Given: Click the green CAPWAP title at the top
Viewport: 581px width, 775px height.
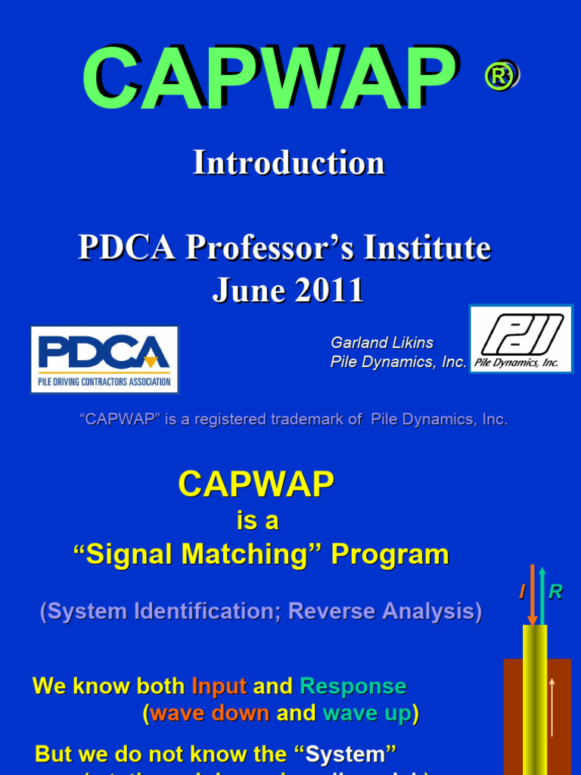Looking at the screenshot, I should pos(269,77).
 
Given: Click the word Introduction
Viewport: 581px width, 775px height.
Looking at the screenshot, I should pos(288,163).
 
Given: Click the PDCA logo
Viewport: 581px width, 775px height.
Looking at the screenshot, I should pos(104,359).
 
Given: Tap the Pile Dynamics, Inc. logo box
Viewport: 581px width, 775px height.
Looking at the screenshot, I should pos(520,338).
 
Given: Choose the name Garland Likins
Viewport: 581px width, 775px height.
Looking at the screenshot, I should pos(382,343).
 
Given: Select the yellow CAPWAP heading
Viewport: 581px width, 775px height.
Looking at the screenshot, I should pos(256,484).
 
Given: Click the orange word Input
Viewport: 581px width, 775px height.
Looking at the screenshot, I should pos(219,686).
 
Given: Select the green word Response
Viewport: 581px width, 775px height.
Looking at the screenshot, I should pos(353,686).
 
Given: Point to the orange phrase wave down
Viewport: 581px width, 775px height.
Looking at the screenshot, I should pos(210,713).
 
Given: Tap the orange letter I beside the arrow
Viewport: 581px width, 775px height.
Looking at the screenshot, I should pos(522,593).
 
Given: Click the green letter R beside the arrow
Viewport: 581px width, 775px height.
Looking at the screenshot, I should pos(555,593).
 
